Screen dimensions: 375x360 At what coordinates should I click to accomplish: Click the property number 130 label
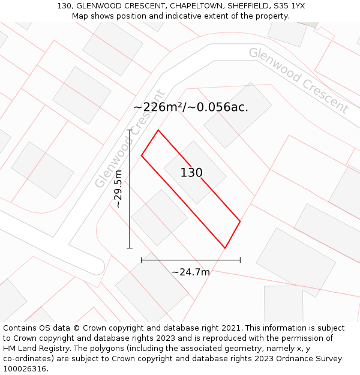pyautogui.click(x=191, y=173)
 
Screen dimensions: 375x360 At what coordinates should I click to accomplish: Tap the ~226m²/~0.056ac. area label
pyautogui.click(x=191, y=107)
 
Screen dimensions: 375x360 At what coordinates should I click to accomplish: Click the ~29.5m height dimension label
pyautogui.click(x=118, y=188)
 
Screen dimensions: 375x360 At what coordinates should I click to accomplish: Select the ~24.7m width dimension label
pyautogui.click(x=191, y=272)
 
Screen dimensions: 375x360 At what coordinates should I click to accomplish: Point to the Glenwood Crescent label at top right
pyautogui.click(x=298, y=80)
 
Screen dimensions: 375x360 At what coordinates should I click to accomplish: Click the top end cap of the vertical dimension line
pyautogui.click(x=130, y=130)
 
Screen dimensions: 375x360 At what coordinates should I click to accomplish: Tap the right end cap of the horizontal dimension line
pyautogui.click(x=240, y=260)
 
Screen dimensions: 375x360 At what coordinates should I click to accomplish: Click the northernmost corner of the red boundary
pyautogui.click(x=158, y=130)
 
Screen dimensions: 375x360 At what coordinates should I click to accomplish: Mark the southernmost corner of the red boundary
pyautogui.click(x=225, y=248)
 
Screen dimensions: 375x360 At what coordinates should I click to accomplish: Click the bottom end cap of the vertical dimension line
pyautogui.click(x=130, y=247)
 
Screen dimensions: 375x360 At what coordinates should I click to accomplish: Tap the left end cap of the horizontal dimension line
pyautogui.click(x=142, y=260)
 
